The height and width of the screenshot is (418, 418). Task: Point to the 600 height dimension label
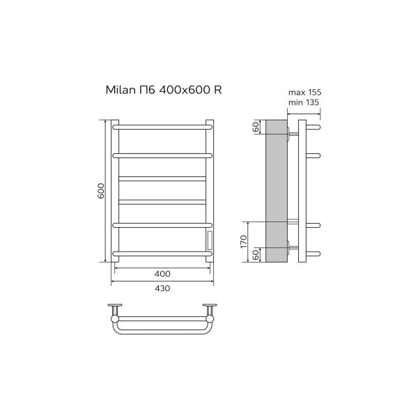(100, 192)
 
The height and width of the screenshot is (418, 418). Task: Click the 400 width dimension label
(162, 273)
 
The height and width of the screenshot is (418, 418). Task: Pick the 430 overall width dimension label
(162, 288)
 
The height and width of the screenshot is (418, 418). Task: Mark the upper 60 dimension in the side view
(256, 127)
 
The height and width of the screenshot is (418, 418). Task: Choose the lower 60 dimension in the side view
(256, 255)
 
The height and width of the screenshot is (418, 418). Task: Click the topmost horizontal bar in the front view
(162, 127)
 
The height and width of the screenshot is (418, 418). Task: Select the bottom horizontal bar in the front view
(162, 251)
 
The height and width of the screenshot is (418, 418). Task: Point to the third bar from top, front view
(162, 178)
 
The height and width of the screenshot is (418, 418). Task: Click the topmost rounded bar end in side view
(314, 127)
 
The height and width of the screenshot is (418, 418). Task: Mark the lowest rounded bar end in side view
(314, 251)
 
